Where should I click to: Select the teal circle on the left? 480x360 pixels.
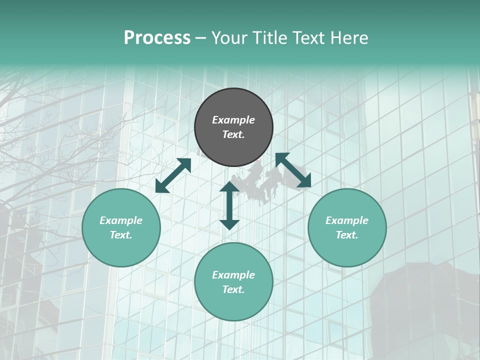(x=121, y=227)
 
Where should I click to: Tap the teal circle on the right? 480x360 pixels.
(x=347, y=227)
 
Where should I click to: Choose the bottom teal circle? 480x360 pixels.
(x=233, y=282)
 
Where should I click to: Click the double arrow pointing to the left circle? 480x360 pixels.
(x=173, y=175)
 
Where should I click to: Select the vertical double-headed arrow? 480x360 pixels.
(x=229, y=205)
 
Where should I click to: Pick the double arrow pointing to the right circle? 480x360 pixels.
(x=293, y=170)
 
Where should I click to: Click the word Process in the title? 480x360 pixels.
(x=157, y=37)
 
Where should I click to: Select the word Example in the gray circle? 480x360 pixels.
(x=233, y=120)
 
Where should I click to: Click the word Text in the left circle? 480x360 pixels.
(x=121, y=235)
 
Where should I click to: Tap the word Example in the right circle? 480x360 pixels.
(x=347, y=220)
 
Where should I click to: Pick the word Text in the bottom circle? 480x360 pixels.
(x=233, y=289)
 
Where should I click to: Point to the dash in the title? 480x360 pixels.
(x=200, y=38)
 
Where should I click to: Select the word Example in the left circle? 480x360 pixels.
(x=121, y=220)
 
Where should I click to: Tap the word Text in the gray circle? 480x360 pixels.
(x=233, y=134)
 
